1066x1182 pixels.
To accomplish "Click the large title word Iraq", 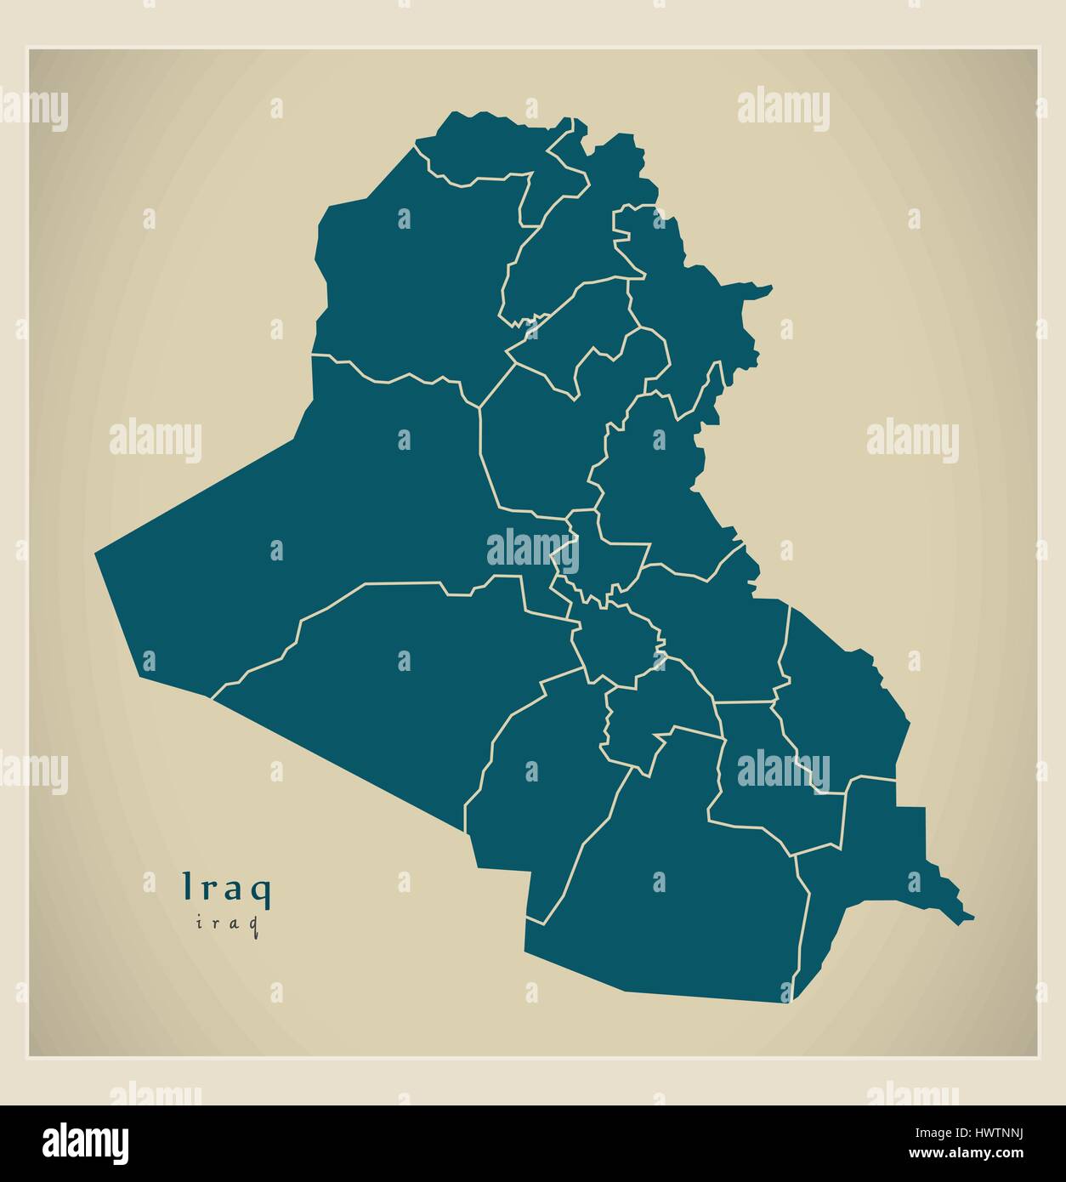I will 227,889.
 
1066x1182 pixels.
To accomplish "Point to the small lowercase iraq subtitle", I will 227,923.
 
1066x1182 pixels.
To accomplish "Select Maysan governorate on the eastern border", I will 842,706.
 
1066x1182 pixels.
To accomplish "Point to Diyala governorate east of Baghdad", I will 655,476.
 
